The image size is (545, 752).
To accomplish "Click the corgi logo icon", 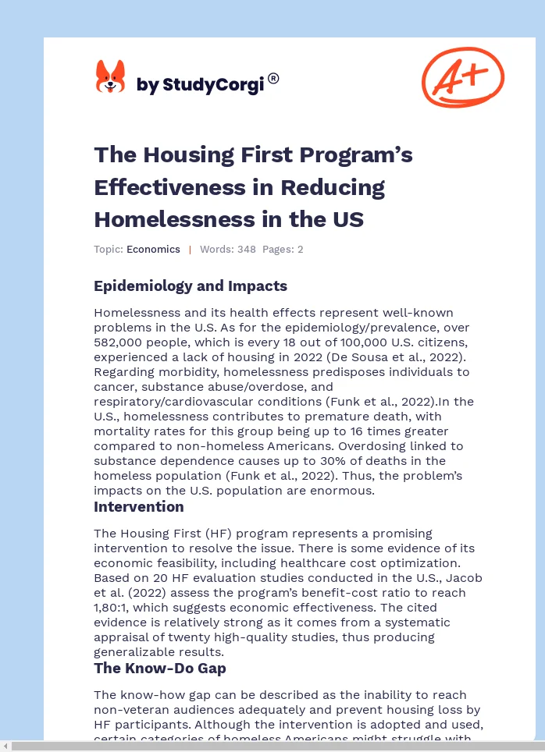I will coord(110,77).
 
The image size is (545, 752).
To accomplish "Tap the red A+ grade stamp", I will coord(462,76).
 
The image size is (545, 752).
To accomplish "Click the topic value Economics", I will coord(153,250).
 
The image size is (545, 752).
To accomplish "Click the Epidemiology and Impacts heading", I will coord(191,286).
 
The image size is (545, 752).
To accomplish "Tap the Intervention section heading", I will coord(139,507).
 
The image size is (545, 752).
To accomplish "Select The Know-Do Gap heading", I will coord(160,669).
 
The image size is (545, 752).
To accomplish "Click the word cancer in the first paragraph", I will coord(115,387).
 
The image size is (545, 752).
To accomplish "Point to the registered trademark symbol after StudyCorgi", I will coord(273,78).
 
